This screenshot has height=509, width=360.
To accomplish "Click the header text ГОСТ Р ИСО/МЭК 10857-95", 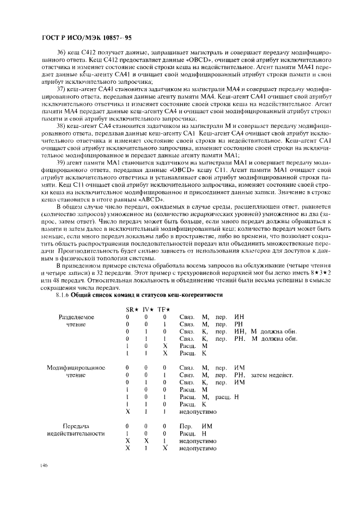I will point(78,38).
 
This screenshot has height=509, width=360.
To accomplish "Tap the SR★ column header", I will point(131,309).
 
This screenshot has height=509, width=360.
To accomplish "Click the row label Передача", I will point(76,426).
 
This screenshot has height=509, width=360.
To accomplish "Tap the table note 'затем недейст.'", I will point(272,375).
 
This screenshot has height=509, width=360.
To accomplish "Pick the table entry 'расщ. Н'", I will point(227,397).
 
